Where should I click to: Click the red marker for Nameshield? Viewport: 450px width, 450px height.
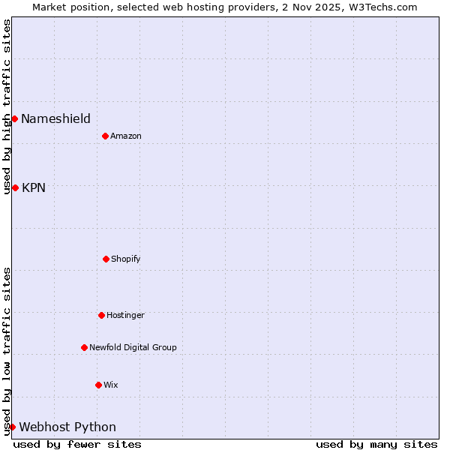click(14, 118)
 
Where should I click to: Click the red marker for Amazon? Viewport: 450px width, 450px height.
click(105, 136)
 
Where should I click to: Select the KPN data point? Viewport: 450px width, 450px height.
click(15, 187)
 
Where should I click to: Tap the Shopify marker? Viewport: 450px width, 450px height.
click(106, 259)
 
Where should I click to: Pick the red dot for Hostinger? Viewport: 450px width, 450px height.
click(101, 315)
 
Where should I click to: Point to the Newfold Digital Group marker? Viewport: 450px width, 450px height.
click(84, 347)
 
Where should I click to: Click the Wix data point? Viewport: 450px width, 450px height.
click(98, 385)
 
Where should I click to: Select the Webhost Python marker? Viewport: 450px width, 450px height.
click(12, 427)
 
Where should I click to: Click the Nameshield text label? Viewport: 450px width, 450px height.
click(55, 118)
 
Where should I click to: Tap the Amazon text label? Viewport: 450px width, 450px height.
click(126, 136)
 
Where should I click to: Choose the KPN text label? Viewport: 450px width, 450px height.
click(34, 187)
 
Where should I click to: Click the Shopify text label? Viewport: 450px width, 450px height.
click(126, 259)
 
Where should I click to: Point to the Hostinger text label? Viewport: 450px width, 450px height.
click(125, 315)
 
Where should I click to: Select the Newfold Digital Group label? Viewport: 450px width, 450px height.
click(133, 347)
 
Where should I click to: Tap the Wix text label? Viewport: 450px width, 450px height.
click(111, 385)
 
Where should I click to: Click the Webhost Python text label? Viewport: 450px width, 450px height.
click(67, 427)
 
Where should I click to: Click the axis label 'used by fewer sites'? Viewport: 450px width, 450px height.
click(77, 444)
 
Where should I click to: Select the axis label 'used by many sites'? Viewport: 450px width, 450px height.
click(376, 444)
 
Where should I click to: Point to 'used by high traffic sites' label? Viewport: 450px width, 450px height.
click(7, 106)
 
